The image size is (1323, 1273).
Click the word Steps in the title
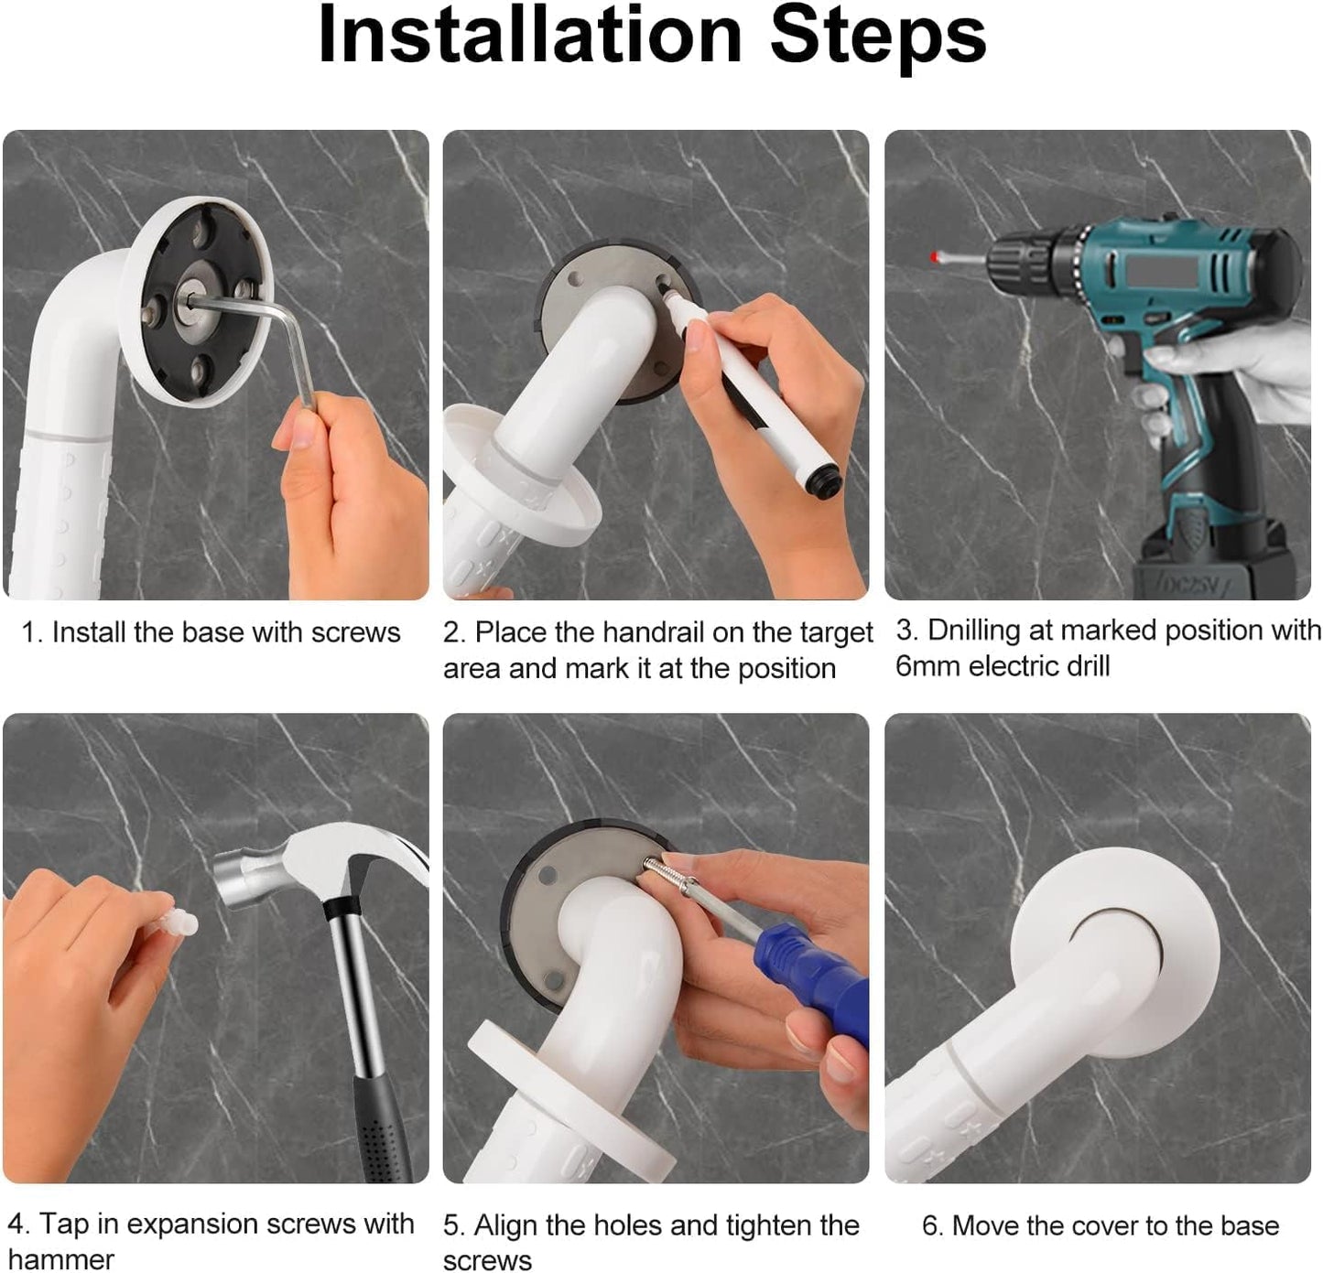point(878,39)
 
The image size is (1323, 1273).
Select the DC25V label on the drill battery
point(1188,584)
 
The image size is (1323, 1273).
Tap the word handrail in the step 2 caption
point(654,632)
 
